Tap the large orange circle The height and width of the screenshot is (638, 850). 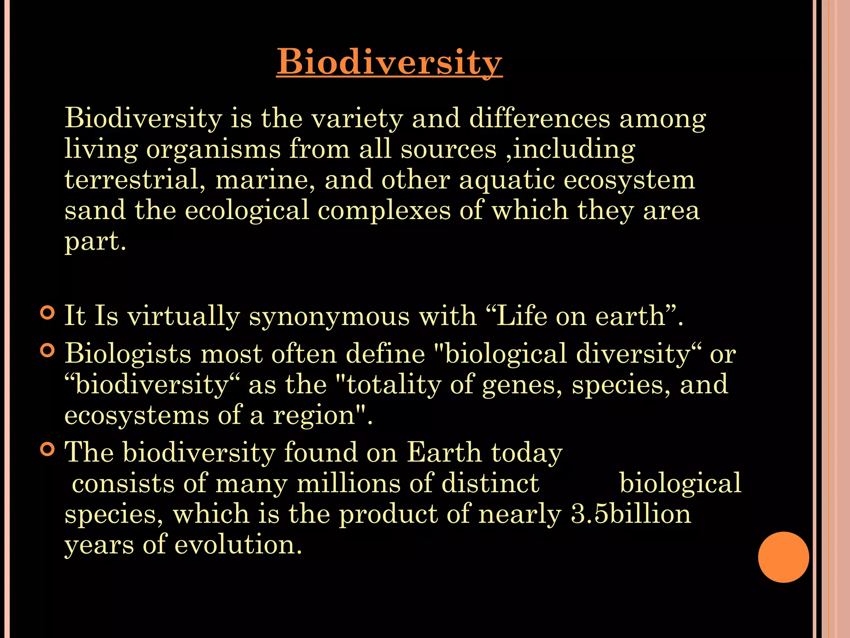783,557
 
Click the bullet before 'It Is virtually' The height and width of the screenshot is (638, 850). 48,313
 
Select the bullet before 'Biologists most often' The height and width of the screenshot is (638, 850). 48,351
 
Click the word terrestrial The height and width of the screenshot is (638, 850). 134,180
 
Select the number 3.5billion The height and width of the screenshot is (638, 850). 631,514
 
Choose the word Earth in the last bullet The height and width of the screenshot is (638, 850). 444,452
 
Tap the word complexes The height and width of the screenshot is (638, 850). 384,210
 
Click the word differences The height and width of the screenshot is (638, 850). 540,118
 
